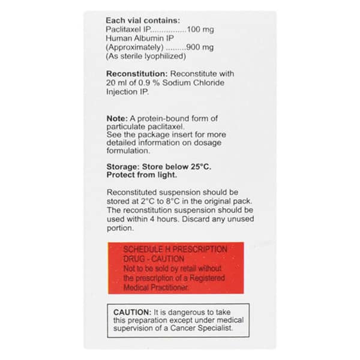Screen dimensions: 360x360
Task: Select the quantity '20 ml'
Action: click(115, 83)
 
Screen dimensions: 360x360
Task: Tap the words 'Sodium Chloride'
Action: click(193, 83)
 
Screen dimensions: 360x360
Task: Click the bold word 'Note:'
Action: click(118, 118)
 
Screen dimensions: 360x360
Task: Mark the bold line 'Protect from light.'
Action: click(141, 175)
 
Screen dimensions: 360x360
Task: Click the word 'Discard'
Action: click(191, 219)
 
